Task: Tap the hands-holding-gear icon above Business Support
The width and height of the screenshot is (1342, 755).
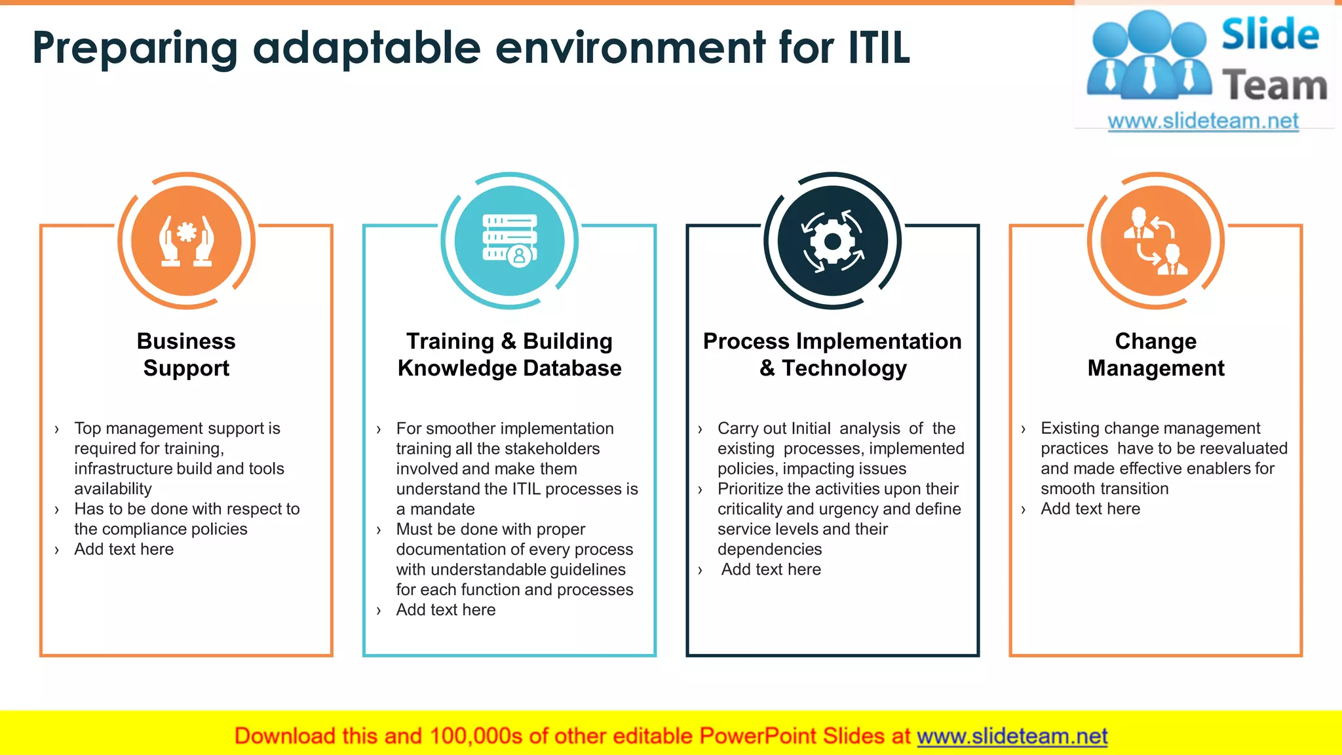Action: point(187,241)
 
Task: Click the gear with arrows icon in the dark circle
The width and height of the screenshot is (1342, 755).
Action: point(833,241)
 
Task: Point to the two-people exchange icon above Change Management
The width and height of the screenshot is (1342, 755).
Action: point(1156,241)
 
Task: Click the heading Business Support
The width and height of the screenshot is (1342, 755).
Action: point(186,355)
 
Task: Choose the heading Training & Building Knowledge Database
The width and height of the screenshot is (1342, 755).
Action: point(509,355)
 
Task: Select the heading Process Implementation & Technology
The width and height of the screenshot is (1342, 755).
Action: point(832,355)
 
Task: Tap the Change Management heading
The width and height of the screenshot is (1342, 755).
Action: point(1156,355)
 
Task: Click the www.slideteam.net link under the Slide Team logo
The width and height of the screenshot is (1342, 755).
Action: point(1203,121)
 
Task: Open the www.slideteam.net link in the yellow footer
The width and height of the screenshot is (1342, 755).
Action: point(1012,736)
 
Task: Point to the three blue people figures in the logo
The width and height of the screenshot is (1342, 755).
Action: point(1148,56)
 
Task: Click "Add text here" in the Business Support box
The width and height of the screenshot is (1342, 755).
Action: point(124,549)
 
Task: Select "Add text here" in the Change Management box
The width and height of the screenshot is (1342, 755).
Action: point(1090,509)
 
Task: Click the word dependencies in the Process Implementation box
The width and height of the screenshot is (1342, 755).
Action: point(769,549)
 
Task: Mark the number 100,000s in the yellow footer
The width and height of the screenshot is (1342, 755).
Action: point(476,736)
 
